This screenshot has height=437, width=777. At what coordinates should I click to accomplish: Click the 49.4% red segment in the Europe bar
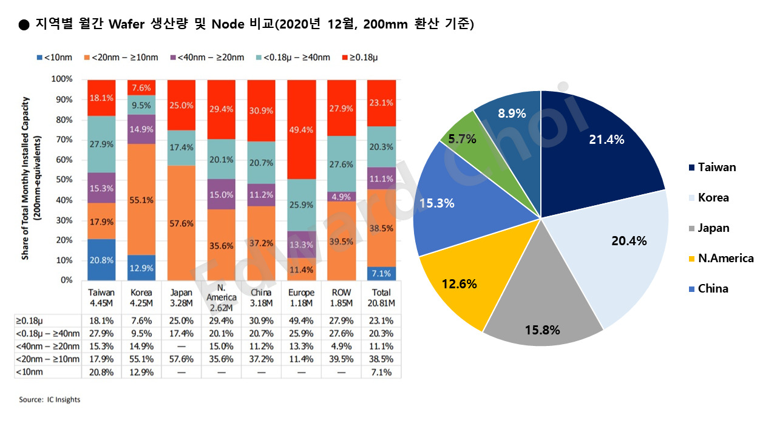[301, 129]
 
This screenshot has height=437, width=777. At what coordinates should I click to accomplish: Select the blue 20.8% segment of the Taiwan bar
[101, 260]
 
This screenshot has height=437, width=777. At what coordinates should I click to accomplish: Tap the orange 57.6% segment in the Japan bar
[182, 223]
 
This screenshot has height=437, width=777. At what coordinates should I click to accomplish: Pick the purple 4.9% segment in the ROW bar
[341, 196]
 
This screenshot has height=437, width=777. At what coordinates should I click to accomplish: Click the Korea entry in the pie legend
[713, 197]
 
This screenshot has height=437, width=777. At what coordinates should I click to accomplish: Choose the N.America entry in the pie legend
[725, 258]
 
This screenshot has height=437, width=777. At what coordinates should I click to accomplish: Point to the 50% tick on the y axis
[63, 180]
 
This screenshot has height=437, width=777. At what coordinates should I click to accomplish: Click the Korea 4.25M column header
[141, 297]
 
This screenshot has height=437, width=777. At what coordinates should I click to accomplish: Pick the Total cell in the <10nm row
[381, 371]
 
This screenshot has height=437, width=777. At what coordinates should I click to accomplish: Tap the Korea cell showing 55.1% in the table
[141, 359]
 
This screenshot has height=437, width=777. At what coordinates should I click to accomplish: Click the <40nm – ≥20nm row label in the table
[47, 346]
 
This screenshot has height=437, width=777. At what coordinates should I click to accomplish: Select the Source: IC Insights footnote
[50, 399]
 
